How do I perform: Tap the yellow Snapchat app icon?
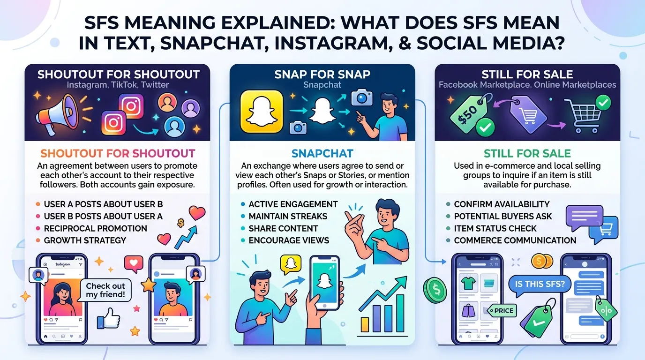(262, 112)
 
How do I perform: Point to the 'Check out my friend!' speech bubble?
(105, 290)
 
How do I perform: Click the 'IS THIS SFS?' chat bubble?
(540, 285)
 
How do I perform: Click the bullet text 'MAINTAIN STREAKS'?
(288, 216)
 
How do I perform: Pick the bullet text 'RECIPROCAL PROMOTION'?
(95, 228)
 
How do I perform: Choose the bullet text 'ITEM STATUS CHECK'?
(495, 228)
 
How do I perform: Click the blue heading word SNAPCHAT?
(322, 153)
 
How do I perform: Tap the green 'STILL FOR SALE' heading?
(527, 153)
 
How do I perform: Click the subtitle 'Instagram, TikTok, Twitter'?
(118, 85)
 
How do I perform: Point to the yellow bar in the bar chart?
(365, 324)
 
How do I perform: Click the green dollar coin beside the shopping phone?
(435, 290)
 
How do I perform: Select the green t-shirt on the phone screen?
(468, 283)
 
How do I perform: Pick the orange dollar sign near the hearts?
(181, 223)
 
